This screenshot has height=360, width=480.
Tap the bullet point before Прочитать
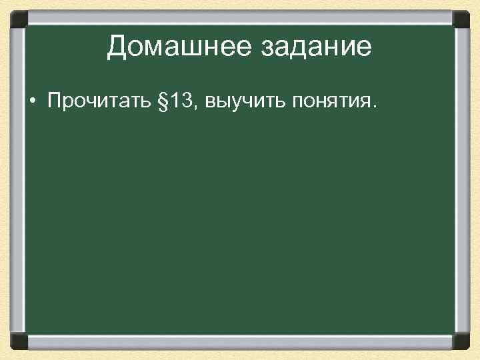click(31, 102)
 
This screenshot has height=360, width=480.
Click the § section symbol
click(159, 101)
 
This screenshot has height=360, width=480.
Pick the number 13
click(180, 101)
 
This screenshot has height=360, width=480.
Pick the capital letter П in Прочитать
click(53, 101)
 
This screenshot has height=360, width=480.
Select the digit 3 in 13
click(186, 101)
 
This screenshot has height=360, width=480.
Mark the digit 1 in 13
click(175, 101)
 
